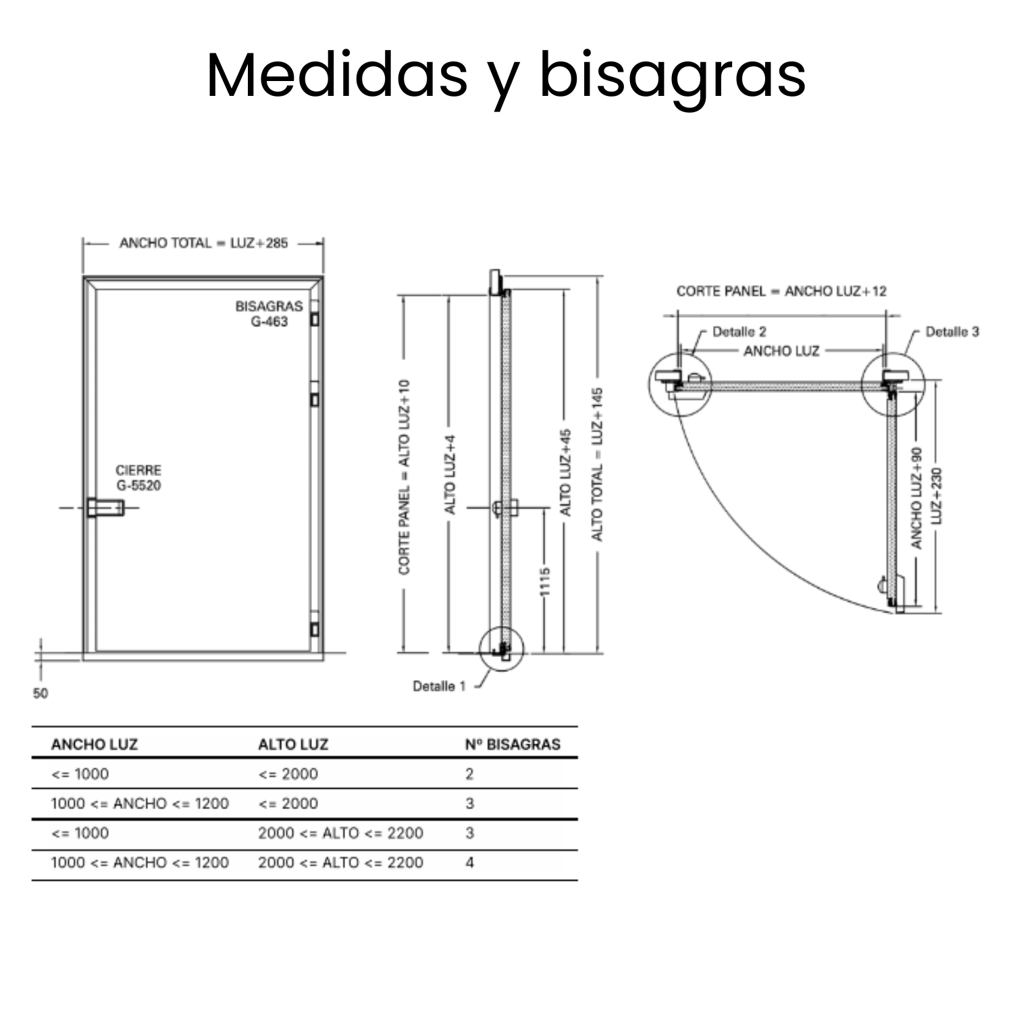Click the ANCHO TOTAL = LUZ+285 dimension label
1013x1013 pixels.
[203, 243]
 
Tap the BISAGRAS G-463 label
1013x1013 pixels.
[269, 314]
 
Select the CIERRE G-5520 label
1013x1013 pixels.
[138, 477]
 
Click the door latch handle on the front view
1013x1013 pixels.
[105, 506]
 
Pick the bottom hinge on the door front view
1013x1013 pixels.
[314, 628]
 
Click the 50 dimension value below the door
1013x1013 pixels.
[41, 694]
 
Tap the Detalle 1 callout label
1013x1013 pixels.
[439, 686]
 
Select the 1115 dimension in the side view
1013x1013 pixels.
[545, 581]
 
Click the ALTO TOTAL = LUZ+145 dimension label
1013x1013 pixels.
[597, 464]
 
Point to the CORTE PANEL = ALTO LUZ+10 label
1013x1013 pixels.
[405, 477]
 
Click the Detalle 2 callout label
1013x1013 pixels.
[739, 332]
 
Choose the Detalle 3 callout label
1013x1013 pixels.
[952, 332]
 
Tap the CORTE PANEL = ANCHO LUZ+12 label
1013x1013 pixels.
[781, 291]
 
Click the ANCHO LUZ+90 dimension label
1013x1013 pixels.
[916, 498]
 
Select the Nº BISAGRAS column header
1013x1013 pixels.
[513, 744]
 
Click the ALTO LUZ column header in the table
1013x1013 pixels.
[293, 744]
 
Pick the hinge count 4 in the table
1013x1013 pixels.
[470, 862]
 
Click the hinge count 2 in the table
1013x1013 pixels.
[469, 774]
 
